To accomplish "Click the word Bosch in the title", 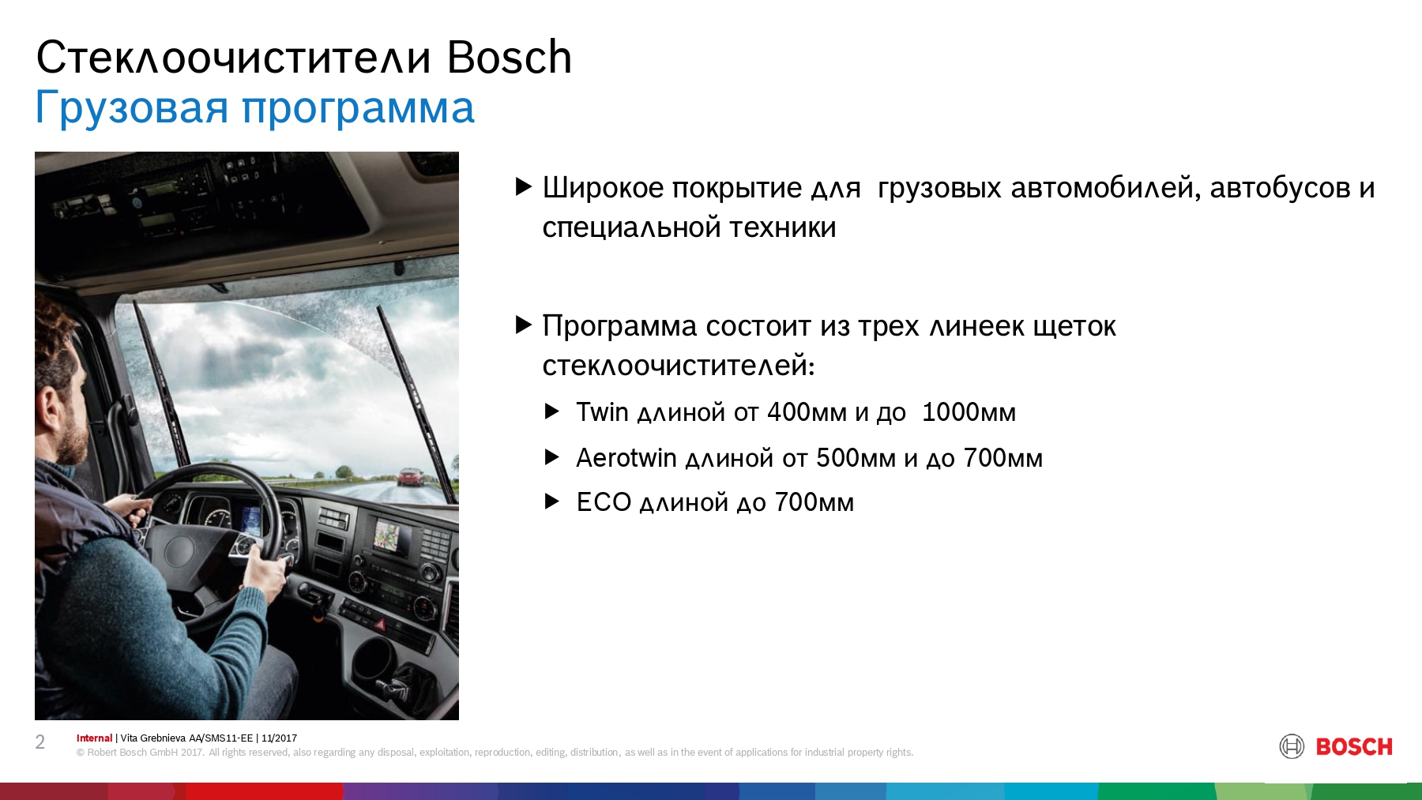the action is tap(509, 57).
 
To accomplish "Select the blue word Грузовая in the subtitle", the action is tap(132, 108).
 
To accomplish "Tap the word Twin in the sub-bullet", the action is tap(602, 411).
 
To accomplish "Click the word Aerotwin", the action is tap(626, 457).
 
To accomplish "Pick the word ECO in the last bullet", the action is tap(604, 502).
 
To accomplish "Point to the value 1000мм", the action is tap(969, 411).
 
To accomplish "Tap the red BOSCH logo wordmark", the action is tap(1354, 746).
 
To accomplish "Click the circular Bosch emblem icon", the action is tap(1292, 746).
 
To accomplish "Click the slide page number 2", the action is tap(40, 742).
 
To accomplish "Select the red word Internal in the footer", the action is tap(94, 738).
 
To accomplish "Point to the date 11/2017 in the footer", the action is tap(279, 738).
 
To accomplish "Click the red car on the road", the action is tap(411, 477).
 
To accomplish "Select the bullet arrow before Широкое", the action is tap(524, 186).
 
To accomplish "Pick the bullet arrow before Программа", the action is tap(524, 325).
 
